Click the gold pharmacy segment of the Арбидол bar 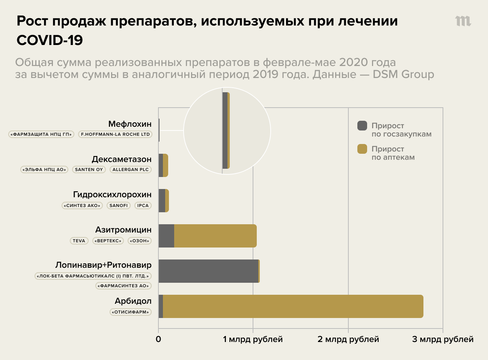click(293, 306)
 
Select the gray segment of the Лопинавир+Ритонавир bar click(208, 271)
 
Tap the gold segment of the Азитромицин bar click(215, 236)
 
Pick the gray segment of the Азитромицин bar click(166, 236)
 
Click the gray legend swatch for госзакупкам click(362, 126)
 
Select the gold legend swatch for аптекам click(362, 149)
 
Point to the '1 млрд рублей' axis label click(253, 339)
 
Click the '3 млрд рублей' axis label click(443, 339)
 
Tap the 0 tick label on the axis click(158, 339)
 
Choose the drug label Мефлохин click(130, 124)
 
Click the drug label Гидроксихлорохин click(112, 194)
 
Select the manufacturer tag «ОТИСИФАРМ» click(131, 312)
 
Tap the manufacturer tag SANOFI click(119, 205)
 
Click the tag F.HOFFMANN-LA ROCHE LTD click(115, 134)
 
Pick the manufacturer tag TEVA click(79, 241)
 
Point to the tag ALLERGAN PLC click(131, 169)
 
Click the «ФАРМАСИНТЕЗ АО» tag click(124, 286)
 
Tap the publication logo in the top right click(463, 21)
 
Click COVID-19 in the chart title click(50, 40)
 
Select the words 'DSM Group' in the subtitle click(403, 74)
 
